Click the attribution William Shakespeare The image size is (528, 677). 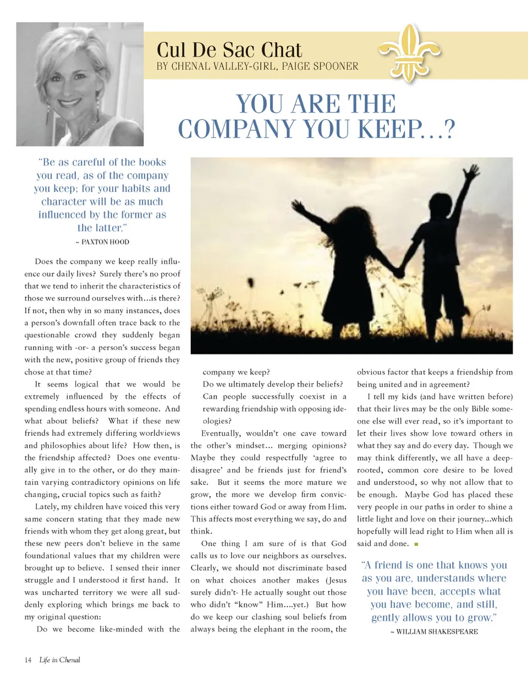[x=434, y=632]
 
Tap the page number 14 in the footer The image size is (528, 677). [x=28, y=659]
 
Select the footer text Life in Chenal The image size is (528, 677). [x=60, y=659]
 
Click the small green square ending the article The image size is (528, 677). [x=416, y=544]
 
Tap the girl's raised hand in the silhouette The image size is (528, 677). [x=298, y=207]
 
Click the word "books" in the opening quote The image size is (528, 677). [x=149, y=163]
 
